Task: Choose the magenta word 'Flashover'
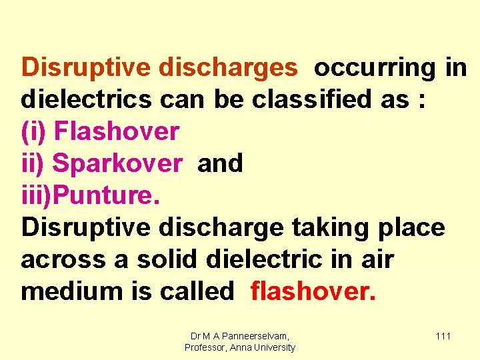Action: (117, 132)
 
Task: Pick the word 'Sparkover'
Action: (117, 164)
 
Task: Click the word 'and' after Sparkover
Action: (221, 164)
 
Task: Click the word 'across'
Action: (63, 260)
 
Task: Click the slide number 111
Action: (443, 336)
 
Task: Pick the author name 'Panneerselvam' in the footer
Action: (256, 336)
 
